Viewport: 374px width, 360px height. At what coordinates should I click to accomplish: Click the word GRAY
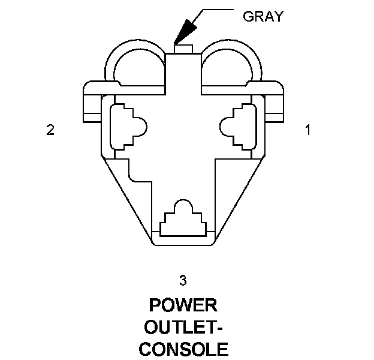point(262,16)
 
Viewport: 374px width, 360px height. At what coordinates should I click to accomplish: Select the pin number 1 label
point(308,130)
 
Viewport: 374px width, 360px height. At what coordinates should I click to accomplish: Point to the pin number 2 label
point(50,130)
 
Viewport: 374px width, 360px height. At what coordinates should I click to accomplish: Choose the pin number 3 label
point(183,279)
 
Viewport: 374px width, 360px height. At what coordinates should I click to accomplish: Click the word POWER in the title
point(183,305)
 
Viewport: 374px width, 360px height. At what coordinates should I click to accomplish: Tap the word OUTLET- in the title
point(183,327)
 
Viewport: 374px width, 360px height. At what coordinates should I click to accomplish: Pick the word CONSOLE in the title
point(183,349)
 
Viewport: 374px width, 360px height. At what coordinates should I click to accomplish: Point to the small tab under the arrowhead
point(182,48)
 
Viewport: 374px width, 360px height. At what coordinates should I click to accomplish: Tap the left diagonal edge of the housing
point(126,198)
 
